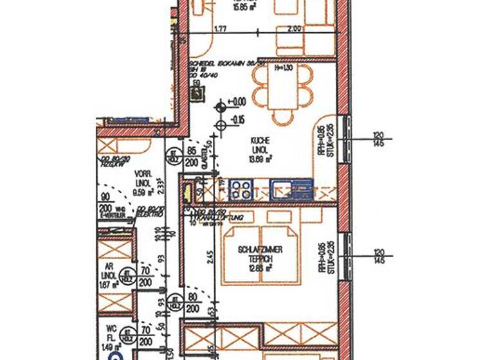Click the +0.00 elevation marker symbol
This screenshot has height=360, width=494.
tap(221, 103)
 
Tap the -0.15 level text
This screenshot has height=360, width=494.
tap(239, 119)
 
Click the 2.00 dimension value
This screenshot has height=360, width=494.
tap(294, 29)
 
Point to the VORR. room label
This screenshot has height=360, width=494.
tap(142, 174)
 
